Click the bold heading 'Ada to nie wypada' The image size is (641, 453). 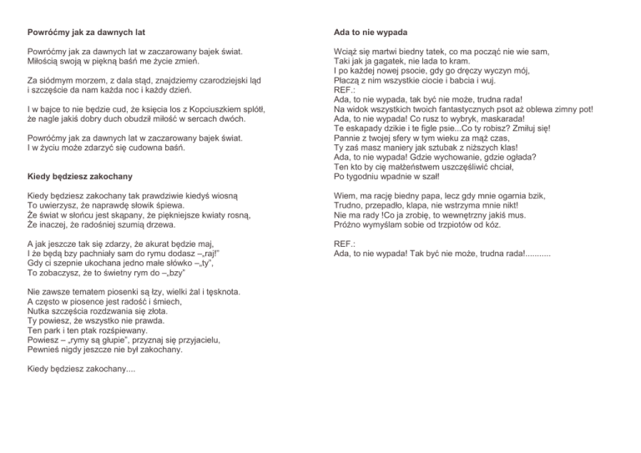[371, 33]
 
